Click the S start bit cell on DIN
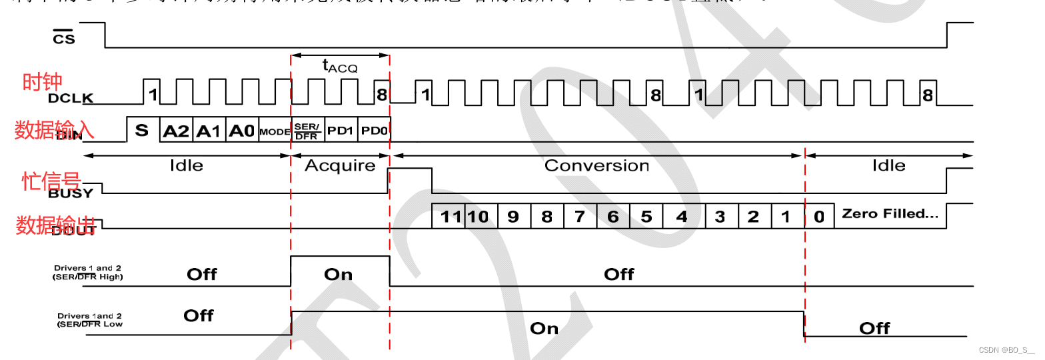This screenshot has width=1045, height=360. click(x=143, y=131)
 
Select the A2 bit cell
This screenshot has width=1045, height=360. click(x=177, y=131)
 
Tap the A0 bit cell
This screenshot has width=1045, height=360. click(x=242, y=131)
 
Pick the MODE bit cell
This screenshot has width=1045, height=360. click(x=275, y=132)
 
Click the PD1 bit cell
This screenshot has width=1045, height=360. click(x=340, y=131)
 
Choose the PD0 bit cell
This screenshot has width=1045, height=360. click(x=374, y=131)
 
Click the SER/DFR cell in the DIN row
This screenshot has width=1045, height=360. click(x=308, y=131)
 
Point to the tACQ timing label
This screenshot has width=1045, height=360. click(x=340, y=65)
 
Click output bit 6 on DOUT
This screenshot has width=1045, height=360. click(x=612, y=217)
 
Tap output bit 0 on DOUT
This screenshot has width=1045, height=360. click(x=819, y=217)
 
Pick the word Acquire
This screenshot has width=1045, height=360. click(x=340, y=165)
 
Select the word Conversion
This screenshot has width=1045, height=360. click(x=596, y=165)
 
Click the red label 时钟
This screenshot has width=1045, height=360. click(x=42, y=82)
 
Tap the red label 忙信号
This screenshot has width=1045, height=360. click(x=51, y=181)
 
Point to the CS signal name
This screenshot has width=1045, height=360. click(x=64, y=38)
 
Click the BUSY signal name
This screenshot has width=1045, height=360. click(x=71, y=194)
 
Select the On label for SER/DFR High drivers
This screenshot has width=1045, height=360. click(x=338, y=274)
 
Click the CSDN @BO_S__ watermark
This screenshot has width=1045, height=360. click(x=1006, y=349)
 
